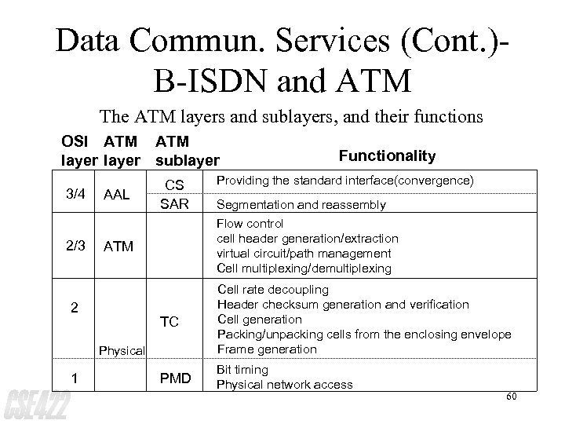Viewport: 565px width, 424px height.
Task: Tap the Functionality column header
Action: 387,156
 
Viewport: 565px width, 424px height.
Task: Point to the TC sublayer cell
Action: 169,322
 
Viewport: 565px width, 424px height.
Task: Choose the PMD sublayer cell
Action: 175,379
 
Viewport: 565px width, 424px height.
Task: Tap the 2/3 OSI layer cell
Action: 75,247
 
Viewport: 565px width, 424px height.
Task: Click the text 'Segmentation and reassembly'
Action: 301,205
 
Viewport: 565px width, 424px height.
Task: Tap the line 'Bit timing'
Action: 242,370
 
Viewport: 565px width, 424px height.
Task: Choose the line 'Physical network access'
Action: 284,384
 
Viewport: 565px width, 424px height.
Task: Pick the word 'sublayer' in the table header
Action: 188,162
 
